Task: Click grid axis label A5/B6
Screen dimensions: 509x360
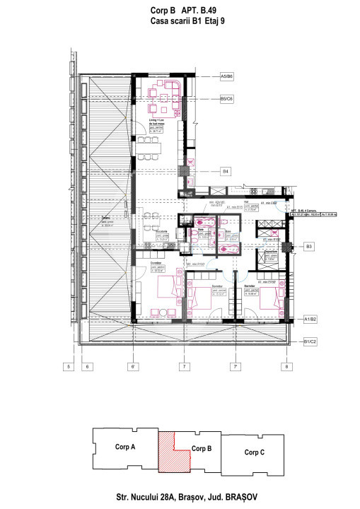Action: (x=227, y=76)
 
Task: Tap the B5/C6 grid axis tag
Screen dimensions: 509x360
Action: (x=227, y=99)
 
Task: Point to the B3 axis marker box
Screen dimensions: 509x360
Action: (x=308, y=247)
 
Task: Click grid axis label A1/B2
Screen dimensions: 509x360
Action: (x=310, y=320)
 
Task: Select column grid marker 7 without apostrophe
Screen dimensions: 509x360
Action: (x=183, y=366)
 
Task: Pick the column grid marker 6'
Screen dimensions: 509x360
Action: (x=132, y=366)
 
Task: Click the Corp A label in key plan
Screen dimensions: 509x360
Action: (x=125, y=447)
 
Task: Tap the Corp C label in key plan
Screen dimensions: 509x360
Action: (x=254, y=452)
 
